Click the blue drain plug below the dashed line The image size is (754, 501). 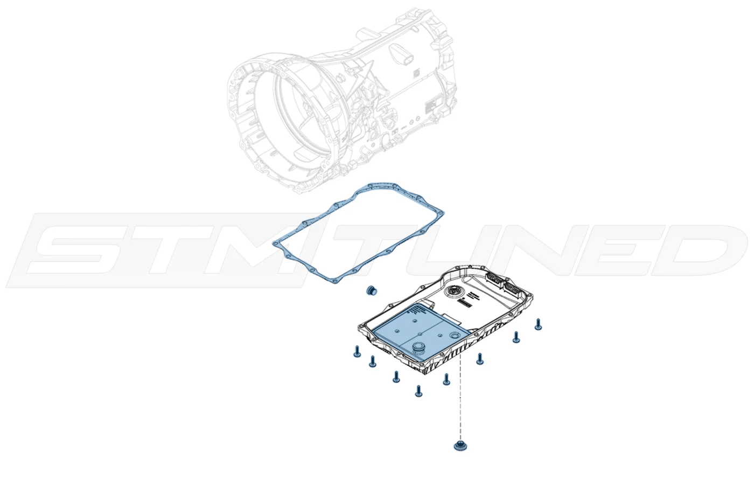[x=460, y=446]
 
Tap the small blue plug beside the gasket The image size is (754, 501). [x=371, y=290]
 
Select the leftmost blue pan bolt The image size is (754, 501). [x=357, y=351]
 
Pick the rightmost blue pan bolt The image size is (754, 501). [x=538, y=324]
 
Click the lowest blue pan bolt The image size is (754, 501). [x=418, y=391]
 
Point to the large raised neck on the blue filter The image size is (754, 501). [x=420, y=347]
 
